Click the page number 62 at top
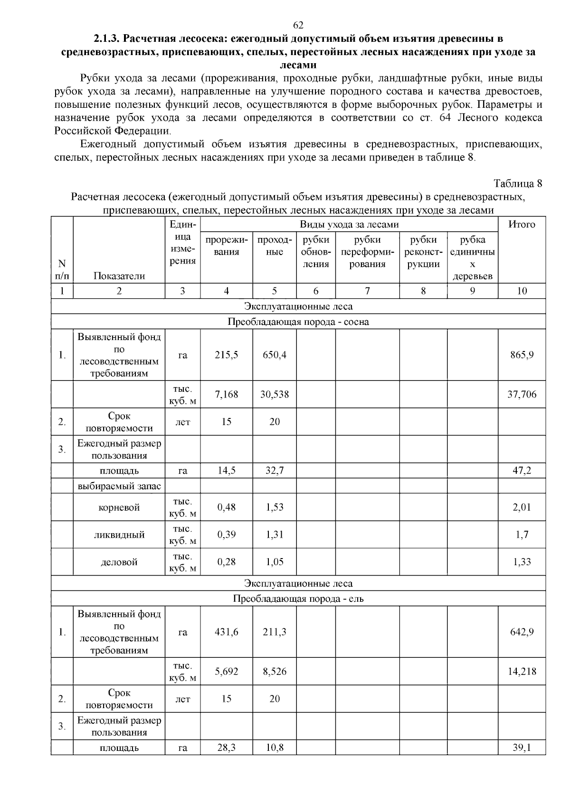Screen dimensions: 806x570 tap(298, 25)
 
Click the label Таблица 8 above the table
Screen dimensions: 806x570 tap(517, 183)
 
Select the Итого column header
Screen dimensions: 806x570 tap(522, 225)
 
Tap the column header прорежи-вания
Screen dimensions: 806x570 tap(226, 246)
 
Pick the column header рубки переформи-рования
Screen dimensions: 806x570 tap(367, 252)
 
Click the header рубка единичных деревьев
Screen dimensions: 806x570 tap(472, 258)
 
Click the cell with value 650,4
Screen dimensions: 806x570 tap(275, 355)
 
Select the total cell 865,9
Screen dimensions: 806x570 tap(522, 355)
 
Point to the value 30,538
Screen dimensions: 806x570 tap(275, 394)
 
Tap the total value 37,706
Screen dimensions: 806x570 tap(522, 394)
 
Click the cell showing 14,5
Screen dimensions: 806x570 tap(226, 471)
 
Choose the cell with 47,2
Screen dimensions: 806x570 tap(522, 471)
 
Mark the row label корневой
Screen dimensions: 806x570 tap(119, 507)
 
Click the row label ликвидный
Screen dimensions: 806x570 tap(119, 535)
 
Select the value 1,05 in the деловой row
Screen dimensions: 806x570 tap(275, 562)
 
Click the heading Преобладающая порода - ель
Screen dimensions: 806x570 tap(298, 598)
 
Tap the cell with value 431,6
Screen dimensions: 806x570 tap(226, 632)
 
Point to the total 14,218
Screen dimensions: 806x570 tap(522, 672)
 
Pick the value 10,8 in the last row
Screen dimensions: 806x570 tap(275, 748)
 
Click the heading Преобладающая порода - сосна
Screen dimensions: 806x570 tap(298, 322)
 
